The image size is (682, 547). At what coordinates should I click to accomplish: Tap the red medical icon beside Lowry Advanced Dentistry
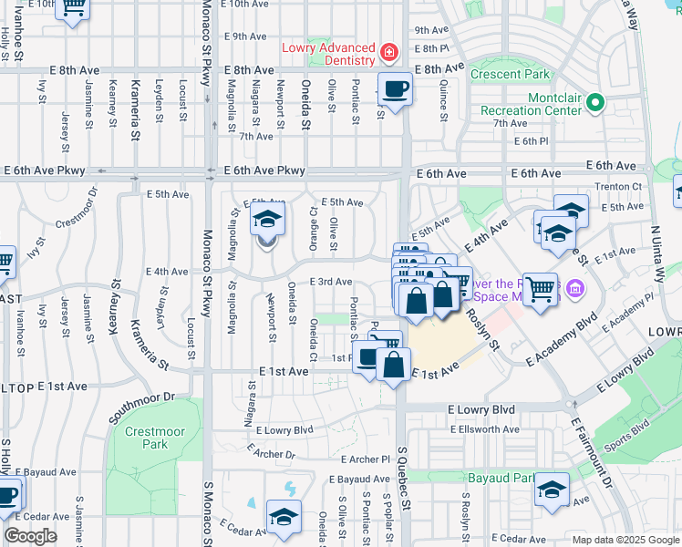pos(389,54)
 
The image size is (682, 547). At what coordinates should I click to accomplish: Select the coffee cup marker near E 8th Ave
pos(394,89)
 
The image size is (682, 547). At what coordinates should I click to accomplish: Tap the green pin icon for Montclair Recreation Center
pos(596,102)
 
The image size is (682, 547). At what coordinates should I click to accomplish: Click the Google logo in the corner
pos(31,536)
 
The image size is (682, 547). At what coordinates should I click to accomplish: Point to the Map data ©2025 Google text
pos(625,540)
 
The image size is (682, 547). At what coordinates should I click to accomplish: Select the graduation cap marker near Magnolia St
pos(267,220)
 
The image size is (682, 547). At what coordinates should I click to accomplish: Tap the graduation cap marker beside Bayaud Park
pos(552,490)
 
